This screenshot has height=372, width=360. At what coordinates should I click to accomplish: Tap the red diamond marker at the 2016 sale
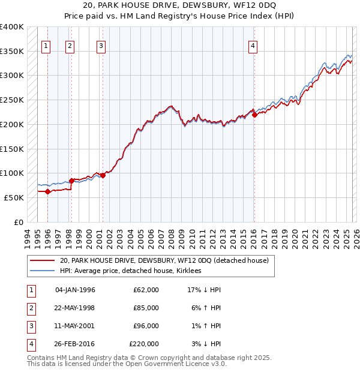(254, 115)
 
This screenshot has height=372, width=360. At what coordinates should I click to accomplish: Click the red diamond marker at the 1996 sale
(48, 192)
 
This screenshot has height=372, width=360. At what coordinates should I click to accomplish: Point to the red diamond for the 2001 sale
(103, 175)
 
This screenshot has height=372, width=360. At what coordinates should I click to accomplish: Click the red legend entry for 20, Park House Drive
(163, 260)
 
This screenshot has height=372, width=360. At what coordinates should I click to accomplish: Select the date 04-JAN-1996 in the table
(75, 290)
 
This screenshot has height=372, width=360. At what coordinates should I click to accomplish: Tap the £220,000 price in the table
(144, 344)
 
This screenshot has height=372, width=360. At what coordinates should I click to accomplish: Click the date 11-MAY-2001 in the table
(75, 326)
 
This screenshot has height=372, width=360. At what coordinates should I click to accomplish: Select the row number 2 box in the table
(31, 308)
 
